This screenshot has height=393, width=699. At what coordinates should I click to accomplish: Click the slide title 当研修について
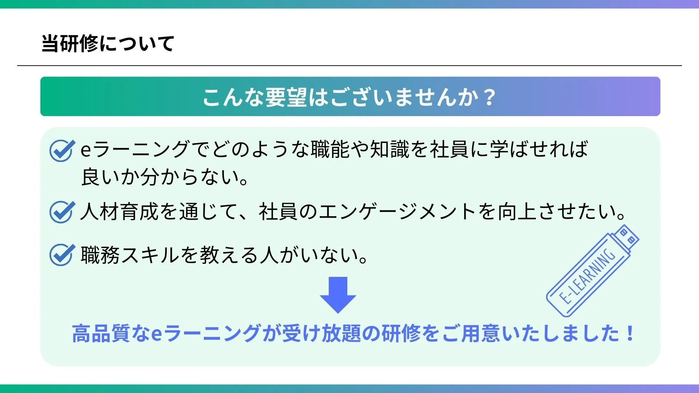pyautogui.click(x=108, y=44)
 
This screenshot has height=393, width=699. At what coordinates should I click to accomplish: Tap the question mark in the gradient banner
pyautogui.click(x=490, y=97)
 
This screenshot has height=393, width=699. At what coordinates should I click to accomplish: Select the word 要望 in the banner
pyautogui.click(x=286, y=97)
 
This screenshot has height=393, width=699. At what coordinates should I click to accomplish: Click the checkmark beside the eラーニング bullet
pyautogui.click(x=62, y=150)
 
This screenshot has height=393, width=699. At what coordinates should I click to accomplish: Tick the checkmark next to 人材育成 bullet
pyautogui.click(x=62, y=212)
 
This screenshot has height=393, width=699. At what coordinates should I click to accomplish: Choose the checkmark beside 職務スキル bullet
pyautogui.click(x=62, y=254)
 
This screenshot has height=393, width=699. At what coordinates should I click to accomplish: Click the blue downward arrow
pyautogui.click(x=338, y=295)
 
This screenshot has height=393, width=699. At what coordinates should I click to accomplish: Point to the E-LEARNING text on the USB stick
pyautogui.click(x=587, y=276)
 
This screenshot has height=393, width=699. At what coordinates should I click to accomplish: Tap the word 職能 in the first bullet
pyautogui.click(x=330, y=150)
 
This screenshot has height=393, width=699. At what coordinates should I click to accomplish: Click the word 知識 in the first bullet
pyautogui.click(x=390, y=150)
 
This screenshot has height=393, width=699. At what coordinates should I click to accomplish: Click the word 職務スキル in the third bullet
pyautogui.click(x=130, y=255)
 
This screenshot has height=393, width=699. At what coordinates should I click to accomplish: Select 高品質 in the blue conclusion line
pyautogui.click(x=101, y=333)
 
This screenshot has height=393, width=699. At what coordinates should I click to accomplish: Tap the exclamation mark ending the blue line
pyautogui.click(x=630, y=333)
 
